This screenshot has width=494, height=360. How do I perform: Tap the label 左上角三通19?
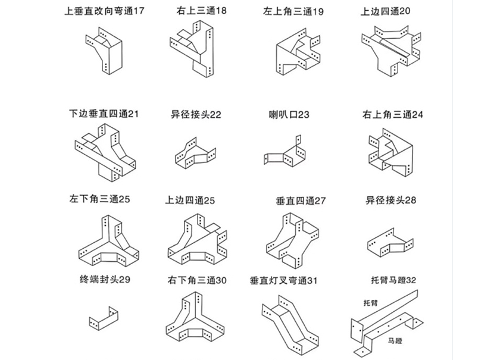(293, 11)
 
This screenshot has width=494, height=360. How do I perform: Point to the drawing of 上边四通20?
(390, 49)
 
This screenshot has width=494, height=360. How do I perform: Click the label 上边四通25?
(192, 200)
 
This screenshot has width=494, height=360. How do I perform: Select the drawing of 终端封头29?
(102, 319)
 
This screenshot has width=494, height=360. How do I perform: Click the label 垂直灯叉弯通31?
(284, 280)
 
